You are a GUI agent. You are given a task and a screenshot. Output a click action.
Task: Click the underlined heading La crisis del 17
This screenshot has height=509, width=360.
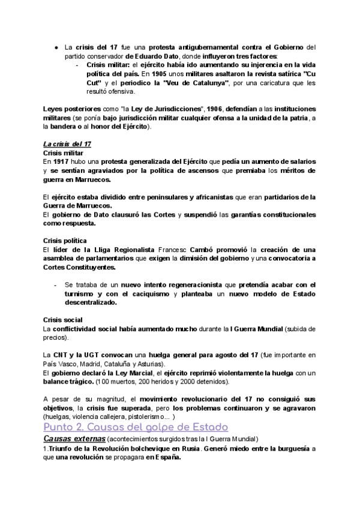[67, 145]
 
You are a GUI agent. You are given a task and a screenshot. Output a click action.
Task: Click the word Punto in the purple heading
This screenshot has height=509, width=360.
[60, 427]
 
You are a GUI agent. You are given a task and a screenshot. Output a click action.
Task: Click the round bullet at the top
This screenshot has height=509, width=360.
[55, 46]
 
